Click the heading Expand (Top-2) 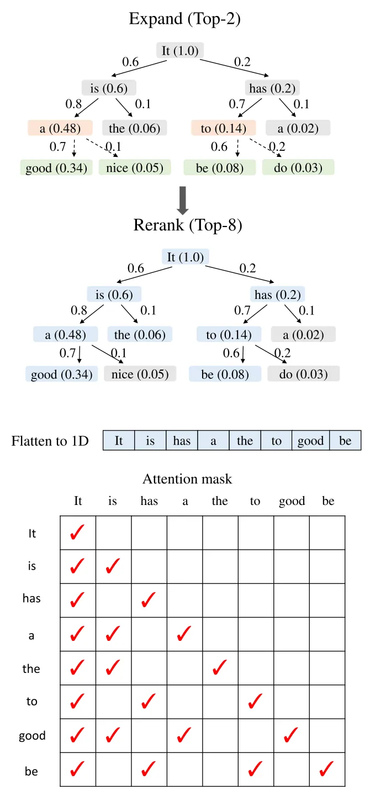(x=184, y=19)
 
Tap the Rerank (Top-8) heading (x=188, y=225)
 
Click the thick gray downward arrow (x=183, y=201)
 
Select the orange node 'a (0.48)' (x=60, y=128)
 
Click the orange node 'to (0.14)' (x=224, y=128)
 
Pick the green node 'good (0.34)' (x=56, y=167)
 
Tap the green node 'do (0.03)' (x=298, y=167)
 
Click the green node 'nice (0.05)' (x=135, y=167)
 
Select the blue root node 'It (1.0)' (x=185, y=256)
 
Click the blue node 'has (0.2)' (x=277, y=294)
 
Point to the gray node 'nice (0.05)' (x=140, y=373)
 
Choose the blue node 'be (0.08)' (x=225, y=373)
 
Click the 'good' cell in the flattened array (x=311, y=440)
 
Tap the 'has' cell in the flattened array (x=182, y=440)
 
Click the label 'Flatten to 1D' (x=50, y=441)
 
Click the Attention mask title (x=187, y=479)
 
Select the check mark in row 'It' (x=77, y=532)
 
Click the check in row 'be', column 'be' (x=326, y=769)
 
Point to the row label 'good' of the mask (x=32, y=735)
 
